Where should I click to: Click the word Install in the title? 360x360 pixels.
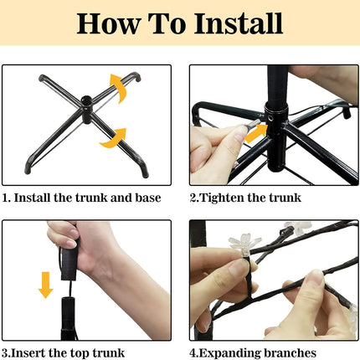coord(239,23)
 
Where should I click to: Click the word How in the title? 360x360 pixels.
coord(108,23)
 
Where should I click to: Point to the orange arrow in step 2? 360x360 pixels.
coord(255,133)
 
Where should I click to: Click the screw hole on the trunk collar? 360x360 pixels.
coord(271,119)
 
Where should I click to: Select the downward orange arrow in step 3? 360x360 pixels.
coord(45,285)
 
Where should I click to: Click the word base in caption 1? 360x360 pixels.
coord(148,198)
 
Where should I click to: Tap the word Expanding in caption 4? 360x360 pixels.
coord(230,353)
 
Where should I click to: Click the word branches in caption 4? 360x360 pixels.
coord(291,352)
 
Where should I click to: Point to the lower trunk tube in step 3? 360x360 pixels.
coord(69,318)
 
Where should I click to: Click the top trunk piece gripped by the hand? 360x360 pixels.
coord(69,260)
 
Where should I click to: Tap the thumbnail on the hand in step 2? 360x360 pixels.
coord(240,134)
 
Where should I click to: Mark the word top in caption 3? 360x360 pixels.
coord(80,353)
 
